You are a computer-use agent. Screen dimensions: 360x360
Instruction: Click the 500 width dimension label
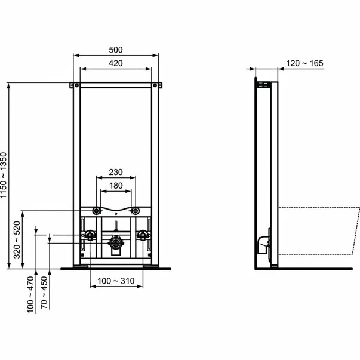tap(116, 50)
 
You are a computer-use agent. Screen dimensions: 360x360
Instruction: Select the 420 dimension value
tap(116, 64)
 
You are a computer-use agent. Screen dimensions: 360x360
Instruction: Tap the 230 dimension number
tap(116, 173)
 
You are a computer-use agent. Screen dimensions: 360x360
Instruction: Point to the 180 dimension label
tap(116, 186)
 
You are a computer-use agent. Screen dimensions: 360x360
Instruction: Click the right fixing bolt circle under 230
tap(136, 211)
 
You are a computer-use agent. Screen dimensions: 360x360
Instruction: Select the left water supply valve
tap(90, 235)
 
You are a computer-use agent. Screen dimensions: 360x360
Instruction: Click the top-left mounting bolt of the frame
tap(76, 86)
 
